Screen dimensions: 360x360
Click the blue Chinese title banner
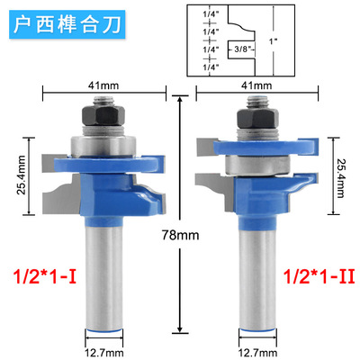tap(67, 24)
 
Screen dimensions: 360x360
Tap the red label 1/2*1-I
tap(45, 276)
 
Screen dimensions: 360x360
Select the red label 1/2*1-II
tap(319, 276)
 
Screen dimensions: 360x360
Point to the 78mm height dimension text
tap(180, 235)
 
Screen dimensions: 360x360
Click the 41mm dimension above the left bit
tap(103, 85)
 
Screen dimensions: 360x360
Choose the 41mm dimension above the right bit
tap(256, 85)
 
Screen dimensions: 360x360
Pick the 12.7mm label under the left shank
tap(103, 353)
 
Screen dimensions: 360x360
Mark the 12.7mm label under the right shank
tap(257, 353)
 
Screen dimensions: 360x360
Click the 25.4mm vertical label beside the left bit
tap(22, 175)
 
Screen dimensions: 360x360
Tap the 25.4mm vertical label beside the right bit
tap(340, 178)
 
